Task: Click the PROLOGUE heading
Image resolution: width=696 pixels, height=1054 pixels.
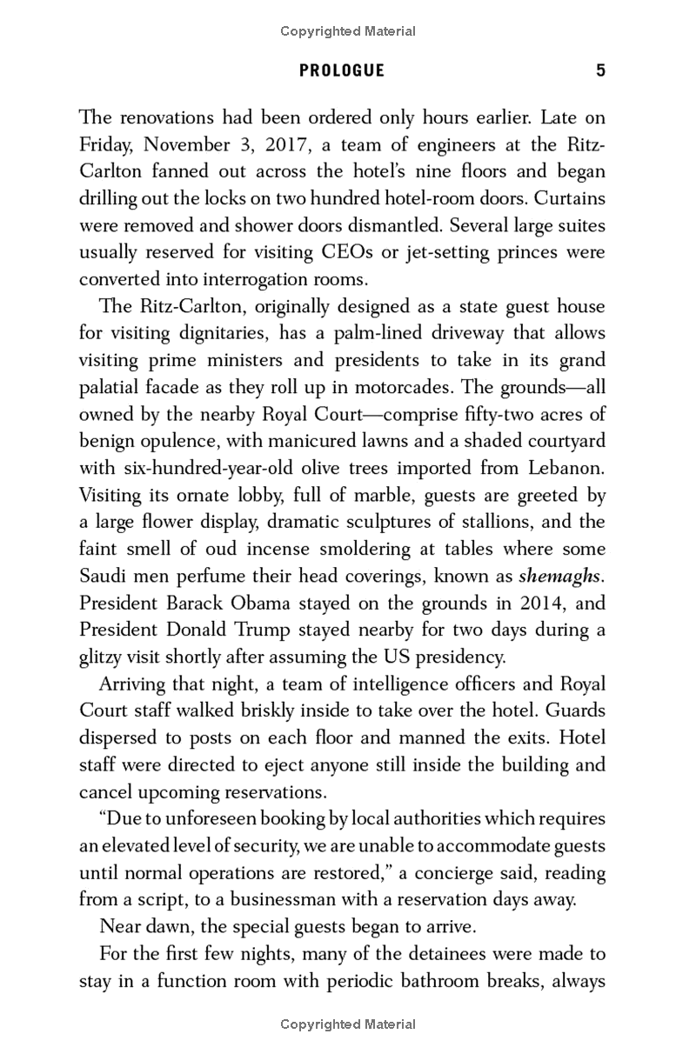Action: click(x=341, y=71)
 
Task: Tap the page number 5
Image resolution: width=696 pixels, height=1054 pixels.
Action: click(x=600, y=71)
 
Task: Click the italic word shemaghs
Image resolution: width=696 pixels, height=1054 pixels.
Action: click(x=561, y=576)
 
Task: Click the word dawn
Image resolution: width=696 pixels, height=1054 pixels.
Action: click(x=173, y=927)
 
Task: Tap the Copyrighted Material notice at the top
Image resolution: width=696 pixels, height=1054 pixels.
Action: click(x=348, y=31)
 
